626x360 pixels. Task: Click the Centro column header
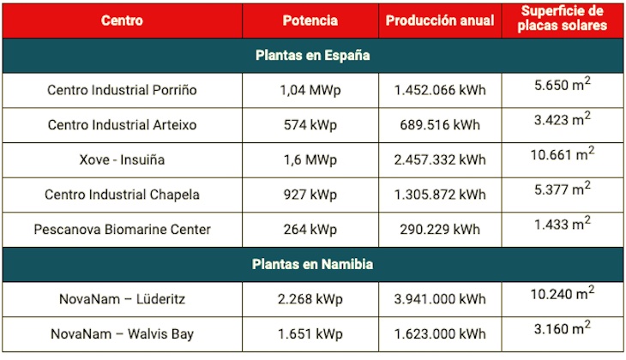click(x=122, y=20)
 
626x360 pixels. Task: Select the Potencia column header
click(x=310, y=20)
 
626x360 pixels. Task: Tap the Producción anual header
click(x=440, y=20)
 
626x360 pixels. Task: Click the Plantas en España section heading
click(x=313, y=55)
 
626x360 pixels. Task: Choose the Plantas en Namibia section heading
click(x=313, y=264)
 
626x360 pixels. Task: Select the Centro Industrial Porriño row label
click(x=122, y=90)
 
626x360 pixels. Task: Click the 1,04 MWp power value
click(x=310, y=90)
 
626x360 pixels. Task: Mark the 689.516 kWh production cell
click(x=440, y=125)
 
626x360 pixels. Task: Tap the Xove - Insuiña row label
click(x=122, y=159)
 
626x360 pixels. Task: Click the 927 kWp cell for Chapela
click(x=310, y=195)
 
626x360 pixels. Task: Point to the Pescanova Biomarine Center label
click(x=122, y=229)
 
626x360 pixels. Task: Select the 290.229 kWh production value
click(x=440, y=229)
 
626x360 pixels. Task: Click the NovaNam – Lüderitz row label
click(x=122, y=299)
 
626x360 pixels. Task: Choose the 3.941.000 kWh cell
click(x=440, y=299)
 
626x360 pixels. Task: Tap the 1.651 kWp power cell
click(x=310, y=333)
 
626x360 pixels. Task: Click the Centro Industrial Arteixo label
click(x=122, y=125)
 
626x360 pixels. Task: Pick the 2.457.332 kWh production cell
click(x=440, y=159)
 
